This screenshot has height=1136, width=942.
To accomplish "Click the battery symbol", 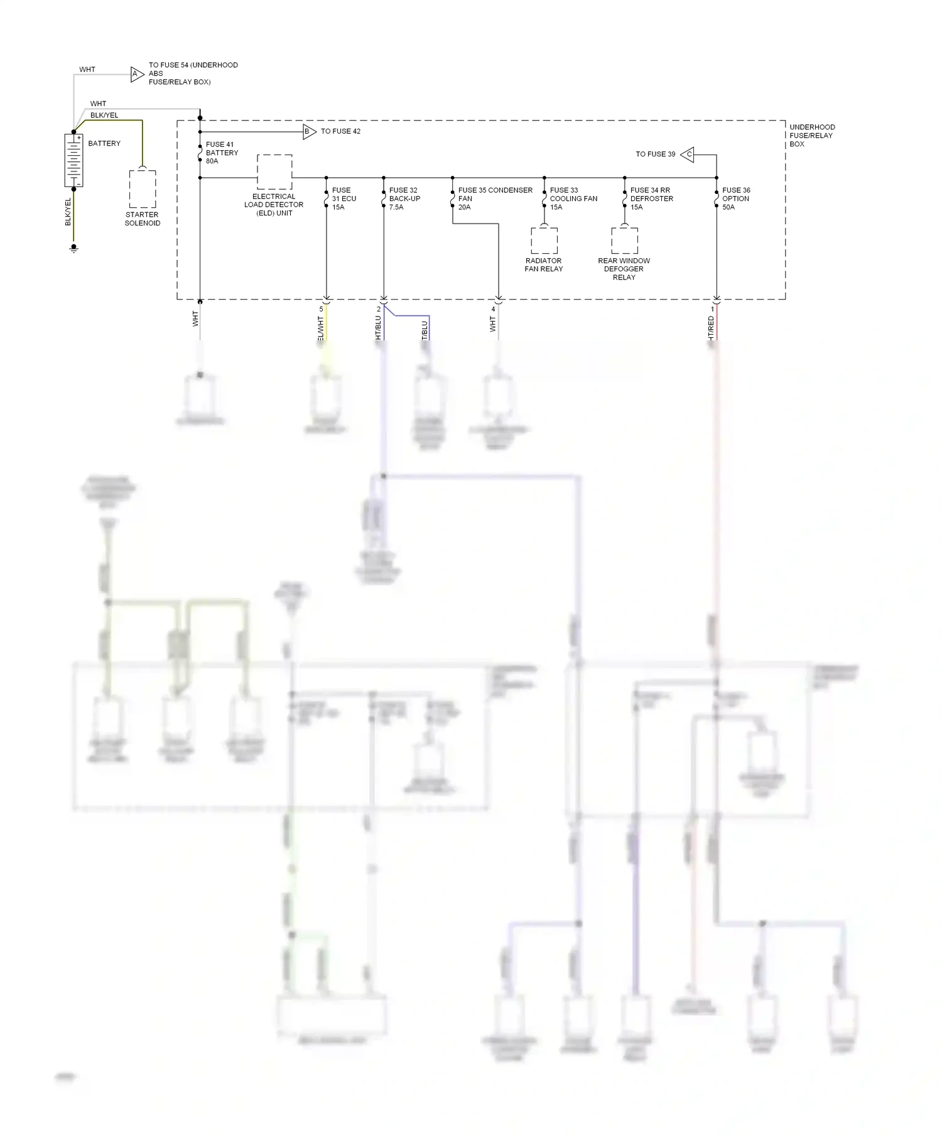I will coord(73,160).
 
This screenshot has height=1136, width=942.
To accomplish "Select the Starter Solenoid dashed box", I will coord(143,188).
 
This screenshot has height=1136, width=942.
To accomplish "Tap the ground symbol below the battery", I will coord(73,249).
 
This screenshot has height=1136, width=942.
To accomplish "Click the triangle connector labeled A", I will coord(136,74).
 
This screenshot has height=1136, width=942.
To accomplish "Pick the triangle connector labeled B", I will coord(308,132).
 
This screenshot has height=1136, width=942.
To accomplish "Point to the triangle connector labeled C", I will coord(688,154).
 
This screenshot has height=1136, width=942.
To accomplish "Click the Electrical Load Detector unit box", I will coord(274,171).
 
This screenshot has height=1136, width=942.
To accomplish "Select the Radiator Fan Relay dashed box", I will coord(544,241).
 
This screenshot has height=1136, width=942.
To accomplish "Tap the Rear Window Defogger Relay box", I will coord(624,241).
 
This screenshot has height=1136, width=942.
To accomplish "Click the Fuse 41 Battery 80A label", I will coord(222,153).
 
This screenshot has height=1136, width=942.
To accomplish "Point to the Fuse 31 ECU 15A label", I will coord(344,198).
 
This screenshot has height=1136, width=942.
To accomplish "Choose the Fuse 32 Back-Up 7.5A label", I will coord(404,198).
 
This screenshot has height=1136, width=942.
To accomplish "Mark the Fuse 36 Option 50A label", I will coord(736,198).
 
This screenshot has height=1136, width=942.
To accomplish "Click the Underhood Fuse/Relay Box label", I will coord(812,136).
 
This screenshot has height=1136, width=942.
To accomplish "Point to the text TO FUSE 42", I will coord(340,132).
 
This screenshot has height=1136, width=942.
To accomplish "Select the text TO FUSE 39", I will coord(655,154).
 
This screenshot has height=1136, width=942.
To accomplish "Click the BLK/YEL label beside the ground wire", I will coord(68,212).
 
